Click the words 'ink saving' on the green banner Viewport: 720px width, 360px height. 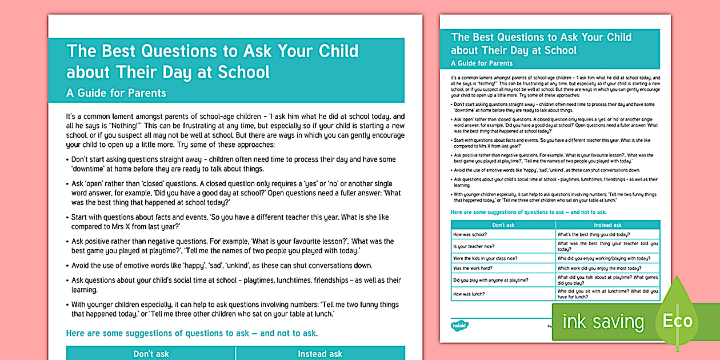click(603, 322)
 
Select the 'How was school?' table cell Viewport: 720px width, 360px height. click(503, 234)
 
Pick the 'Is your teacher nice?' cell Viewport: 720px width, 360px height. click(503, 246)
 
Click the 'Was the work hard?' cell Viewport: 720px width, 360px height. click(503, 268)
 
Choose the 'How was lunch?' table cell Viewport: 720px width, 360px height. click(503, 294)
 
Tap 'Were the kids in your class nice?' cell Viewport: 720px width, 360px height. click(503, 258)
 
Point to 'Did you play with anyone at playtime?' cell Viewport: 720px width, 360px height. click(503, 280)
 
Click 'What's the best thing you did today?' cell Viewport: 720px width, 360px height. click(607, 234)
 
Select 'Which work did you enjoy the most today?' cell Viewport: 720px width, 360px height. click(607, 268)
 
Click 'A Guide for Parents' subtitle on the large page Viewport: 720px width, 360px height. click(116, 93)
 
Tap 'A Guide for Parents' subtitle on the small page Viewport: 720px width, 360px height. click(482, 63)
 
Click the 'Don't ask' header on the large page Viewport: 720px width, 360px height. click(151, 354)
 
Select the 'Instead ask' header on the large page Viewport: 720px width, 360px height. click(320, 354)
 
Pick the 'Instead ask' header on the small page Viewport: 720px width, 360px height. click(607, 225)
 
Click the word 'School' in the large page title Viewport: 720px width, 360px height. click(243, 72)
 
